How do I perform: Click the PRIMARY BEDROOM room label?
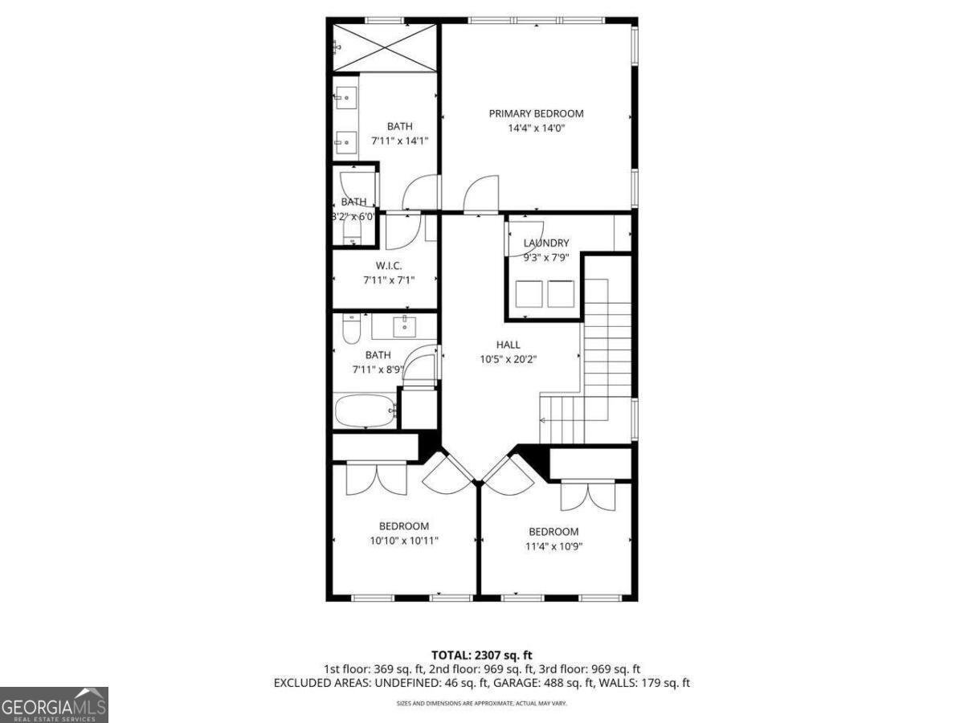pos(536,113)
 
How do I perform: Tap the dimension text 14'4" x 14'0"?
pos(536,128)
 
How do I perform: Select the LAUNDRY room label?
pos(546,243)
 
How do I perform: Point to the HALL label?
pos(508,345)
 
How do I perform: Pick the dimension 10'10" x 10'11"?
pos(404,541)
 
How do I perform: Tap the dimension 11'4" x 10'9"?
pos(553,546)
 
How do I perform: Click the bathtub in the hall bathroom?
pos(366,411)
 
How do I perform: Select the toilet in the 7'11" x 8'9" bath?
pos(349,329)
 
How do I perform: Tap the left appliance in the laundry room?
pos(529,293)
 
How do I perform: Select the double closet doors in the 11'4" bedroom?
pos(586,496)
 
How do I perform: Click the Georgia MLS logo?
pos(54,705)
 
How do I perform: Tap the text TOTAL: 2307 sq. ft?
pos(481,656)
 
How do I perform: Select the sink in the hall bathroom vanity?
pos(403,325)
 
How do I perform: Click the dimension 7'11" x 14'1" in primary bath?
pos(399,141)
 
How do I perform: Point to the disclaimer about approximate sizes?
pos(481,704)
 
